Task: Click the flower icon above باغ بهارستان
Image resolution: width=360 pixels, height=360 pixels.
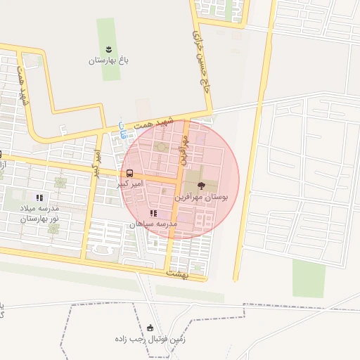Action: pos(109,49)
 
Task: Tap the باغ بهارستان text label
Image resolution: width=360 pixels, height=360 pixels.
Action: pos(110,60)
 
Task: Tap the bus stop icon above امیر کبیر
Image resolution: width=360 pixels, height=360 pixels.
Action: pos(129,173)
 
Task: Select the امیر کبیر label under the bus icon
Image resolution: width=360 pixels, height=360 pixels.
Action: pos(131,184)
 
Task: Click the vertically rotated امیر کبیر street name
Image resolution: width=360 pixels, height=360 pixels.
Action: pos(98,162)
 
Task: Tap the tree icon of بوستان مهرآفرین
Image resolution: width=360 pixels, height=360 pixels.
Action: pos(202,186)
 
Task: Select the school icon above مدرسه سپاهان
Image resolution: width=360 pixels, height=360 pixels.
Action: pos(153,213)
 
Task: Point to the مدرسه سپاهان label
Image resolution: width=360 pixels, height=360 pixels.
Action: pos(152,224)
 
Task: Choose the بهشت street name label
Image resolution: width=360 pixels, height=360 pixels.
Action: pos(179,271)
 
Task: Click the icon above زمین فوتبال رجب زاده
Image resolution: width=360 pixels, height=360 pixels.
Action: pos(150,328)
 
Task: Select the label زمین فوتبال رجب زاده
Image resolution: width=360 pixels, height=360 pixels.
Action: pos(150,339)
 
